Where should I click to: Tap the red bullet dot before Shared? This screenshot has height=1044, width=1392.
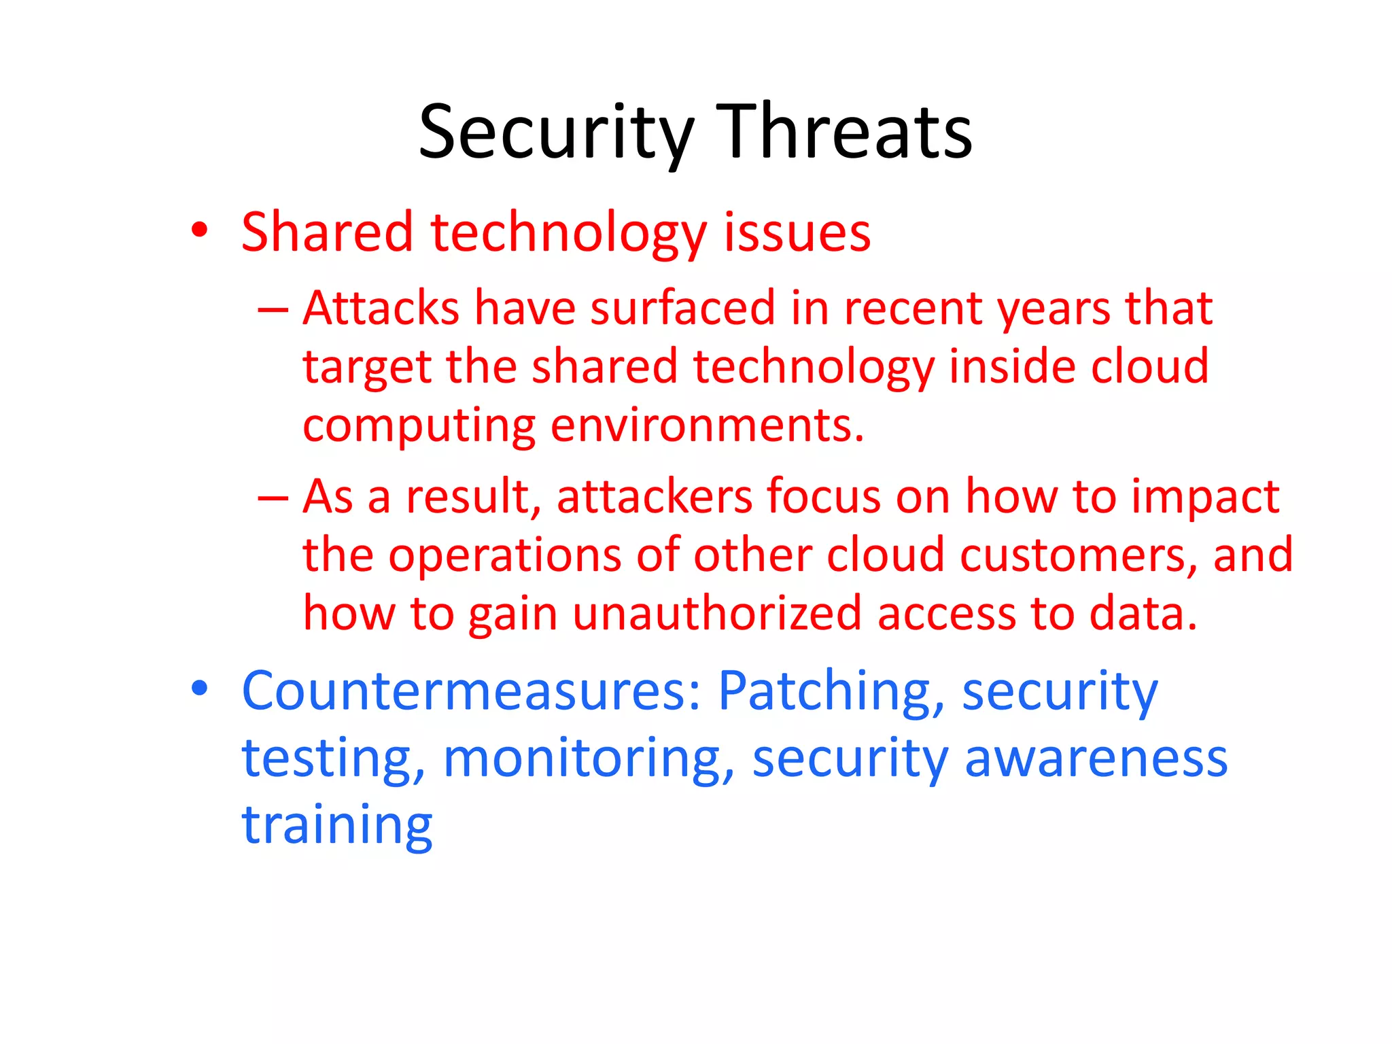coord(199,230)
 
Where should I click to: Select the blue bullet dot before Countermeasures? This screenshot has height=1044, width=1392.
coord(199,688)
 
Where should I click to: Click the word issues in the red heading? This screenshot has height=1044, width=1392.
coord(797,232)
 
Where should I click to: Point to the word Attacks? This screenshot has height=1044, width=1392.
coord(381,309)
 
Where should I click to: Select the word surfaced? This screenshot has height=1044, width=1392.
coord(682,309)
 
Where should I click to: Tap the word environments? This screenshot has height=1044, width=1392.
coord(707,427)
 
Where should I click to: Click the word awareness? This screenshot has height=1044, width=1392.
coord(1096,759)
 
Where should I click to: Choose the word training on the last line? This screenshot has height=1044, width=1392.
coord(337,826)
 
